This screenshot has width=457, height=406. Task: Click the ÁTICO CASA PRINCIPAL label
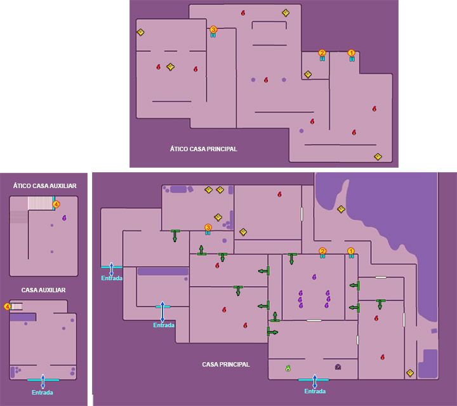pyautogui.click(x=204, y=149)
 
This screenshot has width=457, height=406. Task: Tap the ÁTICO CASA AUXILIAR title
pyautogui.click(x=44, y=186)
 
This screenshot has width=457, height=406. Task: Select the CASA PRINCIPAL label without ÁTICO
pyautogui.click(x=226, y=364)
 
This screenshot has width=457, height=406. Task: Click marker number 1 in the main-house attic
pyautogui.click(x=351, y=53)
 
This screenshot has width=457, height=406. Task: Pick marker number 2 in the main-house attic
pyautogui.click(x=322, y=53)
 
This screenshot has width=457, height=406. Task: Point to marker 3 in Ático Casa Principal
pyautogui.click(x=213, y=29)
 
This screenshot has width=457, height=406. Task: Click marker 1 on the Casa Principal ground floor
pyautogui.click(x=351, y=251)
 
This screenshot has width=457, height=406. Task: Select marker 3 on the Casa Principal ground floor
pyautogui.click(x=208, y=227)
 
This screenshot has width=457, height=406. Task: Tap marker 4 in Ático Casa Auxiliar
pyautogui.click(x=56, y=204)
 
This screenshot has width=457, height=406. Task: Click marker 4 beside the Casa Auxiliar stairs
pyautogui.click(x=7, y=306)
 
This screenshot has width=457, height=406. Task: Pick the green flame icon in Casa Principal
pyautogui.click(x=288, y=368)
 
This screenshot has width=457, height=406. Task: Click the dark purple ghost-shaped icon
pyautogui.click(x=338, y=367)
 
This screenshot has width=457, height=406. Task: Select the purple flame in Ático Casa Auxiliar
pyautogui.click(x=64, y=217)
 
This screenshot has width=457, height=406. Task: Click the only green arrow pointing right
pyautogui.click(x=272, y=332)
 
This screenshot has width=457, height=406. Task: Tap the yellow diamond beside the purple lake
pyautogui.click(x=341, y=209)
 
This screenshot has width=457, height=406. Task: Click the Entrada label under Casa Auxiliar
pyautogui.click(x=43, y=392)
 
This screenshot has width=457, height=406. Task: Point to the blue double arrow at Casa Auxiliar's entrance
pyautogui.click(x=43, y=381)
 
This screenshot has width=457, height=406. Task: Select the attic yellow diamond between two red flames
pyautogui.click(x=171, y=67)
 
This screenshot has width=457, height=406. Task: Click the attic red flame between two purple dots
pyautogui.click(x=266, y=80)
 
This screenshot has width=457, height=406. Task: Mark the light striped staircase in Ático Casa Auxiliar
pyautogui.click(x=40, y=203)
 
